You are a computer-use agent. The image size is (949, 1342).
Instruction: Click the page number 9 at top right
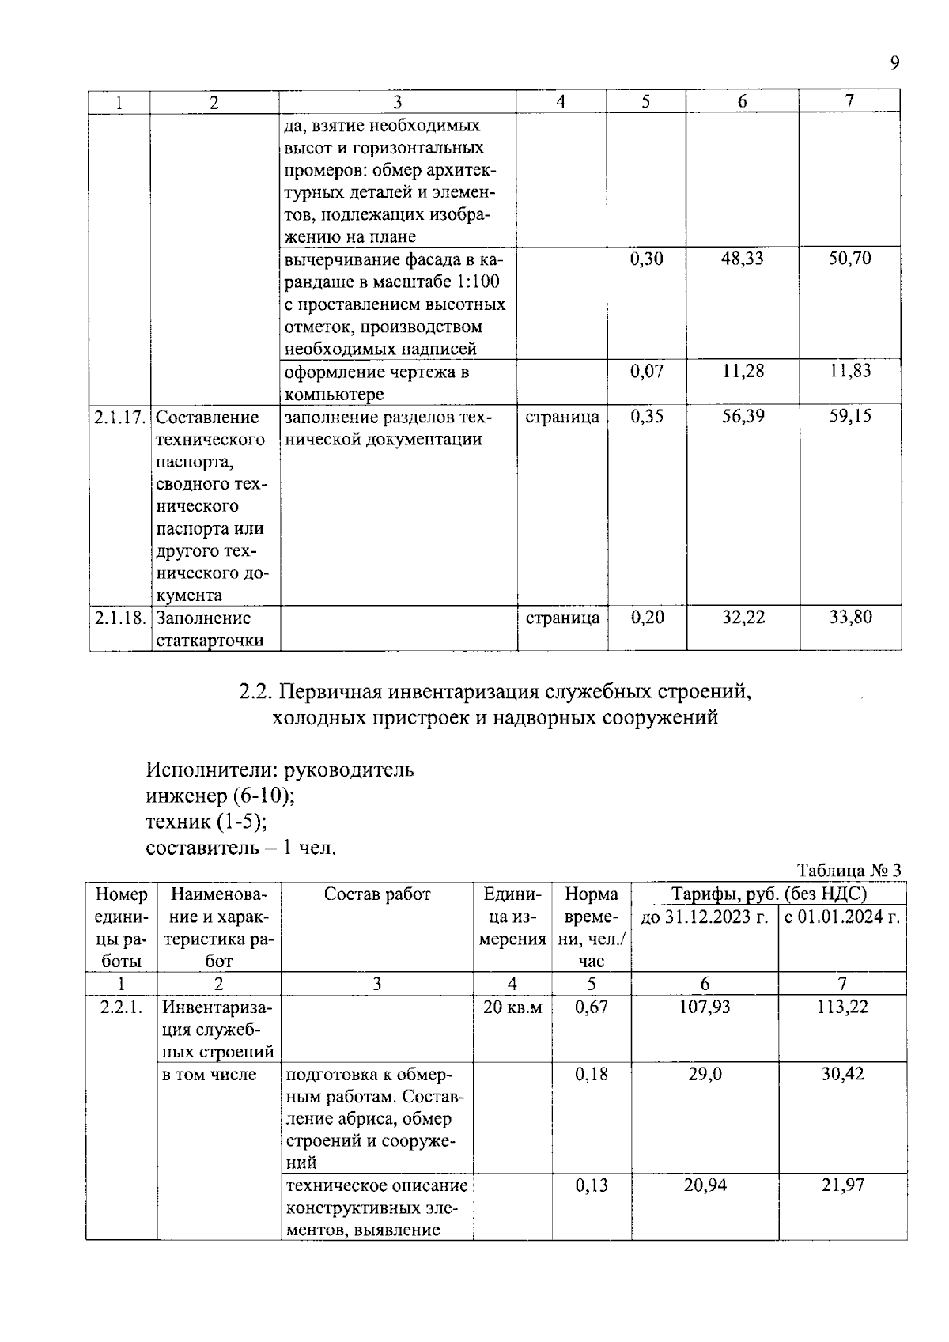click(x=894, y=63)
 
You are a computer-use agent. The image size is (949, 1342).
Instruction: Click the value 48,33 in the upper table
click(x=742, y=259)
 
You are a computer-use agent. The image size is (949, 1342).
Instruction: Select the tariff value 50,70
click(x=849, y=259)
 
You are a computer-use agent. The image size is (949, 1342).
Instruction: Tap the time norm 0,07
click(x=646, y=371)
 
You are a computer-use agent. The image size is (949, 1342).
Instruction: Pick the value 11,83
click(x=849, y=371)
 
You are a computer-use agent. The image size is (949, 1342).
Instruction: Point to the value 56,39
click(x=743, y=417)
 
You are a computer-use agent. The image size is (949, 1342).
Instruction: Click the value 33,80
click(x=850, y=618)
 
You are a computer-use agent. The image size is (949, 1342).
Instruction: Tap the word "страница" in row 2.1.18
click(x=562, y=618)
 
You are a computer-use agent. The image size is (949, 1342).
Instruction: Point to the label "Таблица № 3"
click(x=849, y=871)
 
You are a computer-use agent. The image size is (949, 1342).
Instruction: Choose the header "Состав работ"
click(x=377, y=894)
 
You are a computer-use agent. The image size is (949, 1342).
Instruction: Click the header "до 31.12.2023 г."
click(x=705, y=917)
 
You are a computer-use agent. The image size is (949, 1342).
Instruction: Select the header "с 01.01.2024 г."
click(x=842, y=917)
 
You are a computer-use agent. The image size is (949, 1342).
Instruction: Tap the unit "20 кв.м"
click(x=512, y=1007)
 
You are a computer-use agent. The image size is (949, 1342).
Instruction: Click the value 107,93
click(x=705, y=1007)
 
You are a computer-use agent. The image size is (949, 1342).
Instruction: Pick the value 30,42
click(x=842, y=1074)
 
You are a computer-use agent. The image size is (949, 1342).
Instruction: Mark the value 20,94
click(x=705, y=1185)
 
